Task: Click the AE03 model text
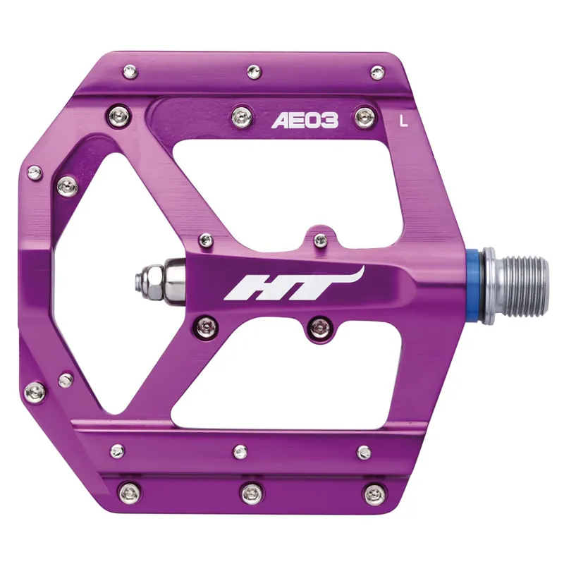tap(305, 121)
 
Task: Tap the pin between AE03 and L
tap(363, 115)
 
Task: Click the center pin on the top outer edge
tap(252, 69)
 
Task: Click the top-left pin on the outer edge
tap(132, 71)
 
